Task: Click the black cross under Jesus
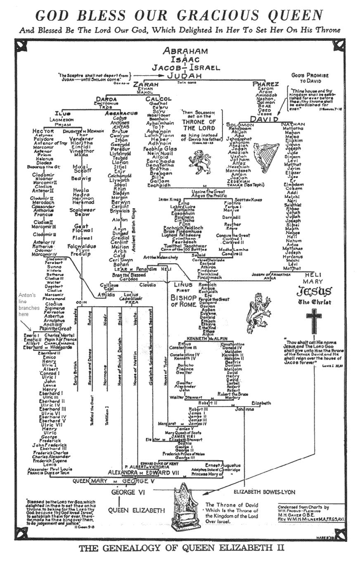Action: pyautogui.click(x=314, y=319)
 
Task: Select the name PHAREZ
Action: pyautogui.click(x=265, y=84)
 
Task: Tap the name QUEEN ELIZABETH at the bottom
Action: pyautogui.click(x=136, y=510)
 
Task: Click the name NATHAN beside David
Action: pyautogui.click(x=293, y=124)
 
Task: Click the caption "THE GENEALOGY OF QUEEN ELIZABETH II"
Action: pyautogui.click(x=182, y=548)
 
